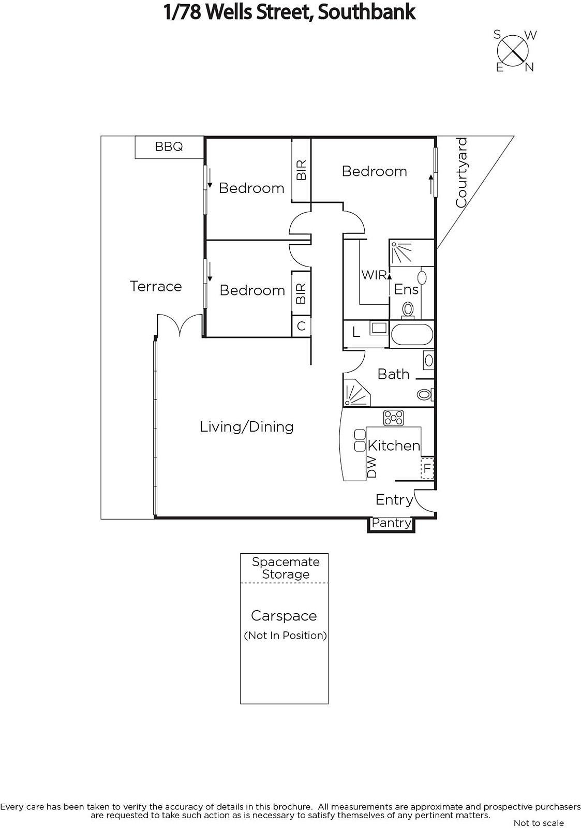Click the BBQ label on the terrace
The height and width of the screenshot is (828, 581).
[169, 147]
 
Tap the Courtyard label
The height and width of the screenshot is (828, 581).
[461, 172]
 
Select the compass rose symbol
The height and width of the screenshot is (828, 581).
[513, 51]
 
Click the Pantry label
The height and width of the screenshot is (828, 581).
[392, 523]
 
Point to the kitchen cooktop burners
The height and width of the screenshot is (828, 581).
[394, 418]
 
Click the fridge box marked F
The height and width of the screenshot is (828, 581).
[427, 468]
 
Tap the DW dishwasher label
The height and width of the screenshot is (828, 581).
[372, 467]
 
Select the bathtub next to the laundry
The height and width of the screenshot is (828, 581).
[412, 334]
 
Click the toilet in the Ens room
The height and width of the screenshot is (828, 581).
[408, 309]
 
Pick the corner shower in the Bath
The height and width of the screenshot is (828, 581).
[355, 392]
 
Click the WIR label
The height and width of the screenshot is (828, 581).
[374, 275]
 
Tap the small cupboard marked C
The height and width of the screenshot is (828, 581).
[301, 326]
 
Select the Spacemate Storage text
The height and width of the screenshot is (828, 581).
[286, 568]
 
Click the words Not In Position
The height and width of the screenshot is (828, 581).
[285, 635]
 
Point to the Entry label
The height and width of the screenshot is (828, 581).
[394, 500]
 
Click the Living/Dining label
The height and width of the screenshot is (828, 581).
[246, 427]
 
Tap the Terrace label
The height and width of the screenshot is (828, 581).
[156, 287]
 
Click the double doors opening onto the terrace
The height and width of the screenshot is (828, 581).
[180, 325]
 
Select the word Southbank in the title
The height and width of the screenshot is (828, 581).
[366, 12]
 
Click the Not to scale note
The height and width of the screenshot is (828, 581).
[539, 823]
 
